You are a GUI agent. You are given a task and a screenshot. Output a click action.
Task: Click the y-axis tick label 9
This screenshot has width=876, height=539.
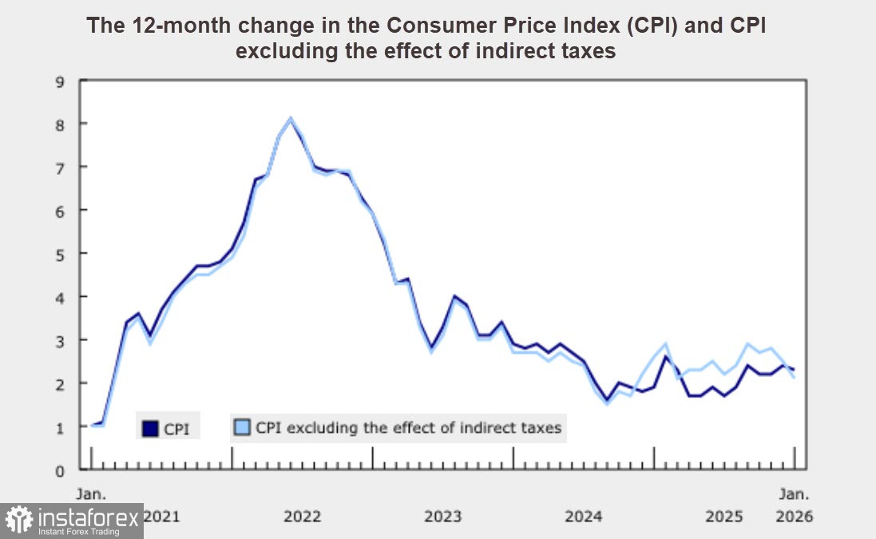pos(59,80)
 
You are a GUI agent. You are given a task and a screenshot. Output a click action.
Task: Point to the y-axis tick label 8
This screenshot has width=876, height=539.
pos(59,124)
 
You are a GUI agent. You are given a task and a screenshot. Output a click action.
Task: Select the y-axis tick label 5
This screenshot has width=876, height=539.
pos(59,253)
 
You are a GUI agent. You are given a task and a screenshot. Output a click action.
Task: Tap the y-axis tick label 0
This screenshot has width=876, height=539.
pos(59,470)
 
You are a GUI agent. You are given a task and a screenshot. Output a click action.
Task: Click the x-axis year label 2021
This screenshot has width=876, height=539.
pos(161,517)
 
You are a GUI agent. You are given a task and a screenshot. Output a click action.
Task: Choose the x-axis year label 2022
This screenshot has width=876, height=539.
pos(303,517)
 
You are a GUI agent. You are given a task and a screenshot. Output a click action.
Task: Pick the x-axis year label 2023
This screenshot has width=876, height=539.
pos(443,517)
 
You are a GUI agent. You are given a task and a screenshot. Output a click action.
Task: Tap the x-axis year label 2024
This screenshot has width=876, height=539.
pos(584,517)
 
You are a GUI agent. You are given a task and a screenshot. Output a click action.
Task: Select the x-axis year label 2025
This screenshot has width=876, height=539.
pos(724,517)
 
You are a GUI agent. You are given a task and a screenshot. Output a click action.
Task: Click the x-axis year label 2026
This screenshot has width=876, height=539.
pos(794,517)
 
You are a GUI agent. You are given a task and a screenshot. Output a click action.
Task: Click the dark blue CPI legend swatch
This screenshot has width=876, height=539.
pos(150,429)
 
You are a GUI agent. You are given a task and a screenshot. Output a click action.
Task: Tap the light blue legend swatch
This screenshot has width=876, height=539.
pos(242,428)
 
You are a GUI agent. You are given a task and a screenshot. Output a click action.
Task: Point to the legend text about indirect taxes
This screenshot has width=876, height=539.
pos(409,428)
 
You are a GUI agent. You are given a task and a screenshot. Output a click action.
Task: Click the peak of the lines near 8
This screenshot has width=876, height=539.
pos(291,119)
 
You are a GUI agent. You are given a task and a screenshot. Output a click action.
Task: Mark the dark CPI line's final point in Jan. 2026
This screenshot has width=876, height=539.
pos(793,370)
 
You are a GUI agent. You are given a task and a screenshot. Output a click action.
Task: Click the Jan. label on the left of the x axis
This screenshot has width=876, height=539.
pos(90,493)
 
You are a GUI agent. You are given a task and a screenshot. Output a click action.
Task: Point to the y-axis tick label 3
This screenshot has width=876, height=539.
pos(59,340)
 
